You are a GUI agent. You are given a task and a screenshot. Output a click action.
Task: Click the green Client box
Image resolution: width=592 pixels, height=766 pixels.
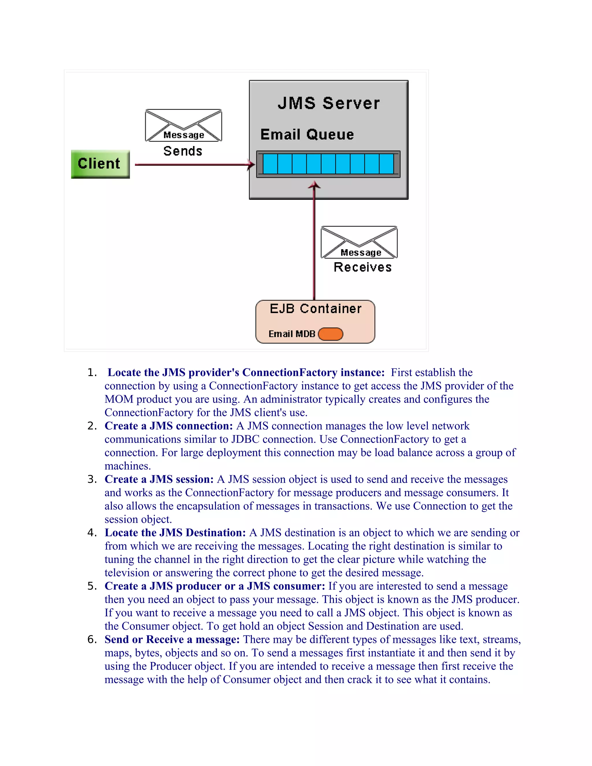click(x=100, y=164)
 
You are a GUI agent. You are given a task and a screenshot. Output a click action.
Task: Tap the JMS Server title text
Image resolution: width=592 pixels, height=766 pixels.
click(x=329, y=103)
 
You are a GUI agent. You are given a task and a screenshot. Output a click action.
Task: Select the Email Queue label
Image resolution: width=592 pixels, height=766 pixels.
click(x=307, y=135)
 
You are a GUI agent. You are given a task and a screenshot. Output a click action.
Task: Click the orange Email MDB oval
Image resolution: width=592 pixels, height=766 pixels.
click(x=330, y=334)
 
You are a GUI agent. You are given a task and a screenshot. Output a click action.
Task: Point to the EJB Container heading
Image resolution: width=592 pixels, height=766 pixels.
click(x=316, y=309)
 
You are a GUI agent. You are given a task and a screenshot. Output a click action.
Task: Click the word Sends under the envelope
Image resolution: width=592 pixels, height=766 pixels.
click(x=183, y=151)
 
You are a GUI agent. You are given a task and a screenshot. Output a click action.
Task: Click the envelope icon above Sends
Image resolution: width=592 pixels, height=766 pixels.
click(x=184, y=125)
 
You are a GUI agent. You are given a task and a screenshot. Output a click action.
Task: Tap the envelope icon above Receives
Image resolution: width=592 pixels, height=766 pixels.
click(x=359, y=242)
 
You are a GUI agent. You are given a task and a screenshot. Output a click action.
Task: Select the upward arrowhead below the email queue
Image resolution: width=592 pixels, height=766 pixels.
click(x=314, y=185)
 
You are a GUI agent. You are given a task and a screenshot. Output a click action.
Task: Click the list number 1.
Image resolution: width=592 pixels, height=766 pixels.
click(x=92, y=373)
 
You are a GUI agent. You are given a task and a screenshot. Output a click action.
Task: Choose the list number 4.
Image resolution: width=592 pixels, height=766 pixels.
click(x=92, y=533)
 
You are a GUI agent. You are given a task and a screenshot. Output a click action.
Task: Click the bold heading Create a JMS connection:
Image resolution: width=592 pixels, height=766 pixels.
click(x=169, y=426)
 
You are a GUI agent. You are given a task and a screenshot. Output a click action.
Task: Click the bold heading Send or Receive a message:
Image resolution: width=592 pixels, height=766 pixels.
click(x=172, y=639)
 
